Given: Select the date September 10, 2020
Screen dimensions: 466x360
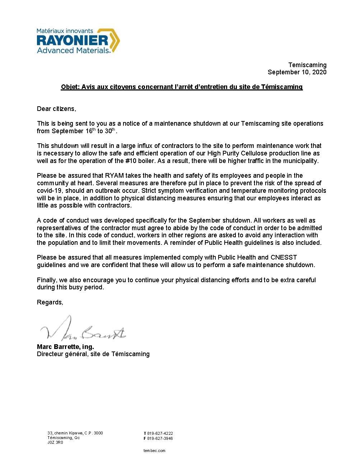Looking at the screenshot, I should (297, 72).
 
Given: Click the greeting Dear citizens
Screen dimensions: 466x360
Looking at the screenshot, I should (57, 109).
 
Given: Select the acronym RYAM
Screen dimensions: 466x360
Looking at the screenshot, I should (114, 176).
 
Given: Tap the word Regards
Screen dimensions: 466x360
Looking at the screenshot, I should (50, 302).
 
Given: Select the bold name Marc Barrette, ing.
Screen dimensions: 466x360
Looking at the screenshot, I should (65, 347).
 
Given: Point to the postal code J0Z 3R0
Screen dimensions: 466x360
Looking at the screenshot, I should (55, 443).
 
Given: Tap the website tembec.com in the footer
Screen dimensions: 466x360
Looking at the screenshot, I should (154, 451).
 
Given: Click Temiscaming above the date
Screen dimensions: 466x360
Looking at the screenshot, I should (308, 65).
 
